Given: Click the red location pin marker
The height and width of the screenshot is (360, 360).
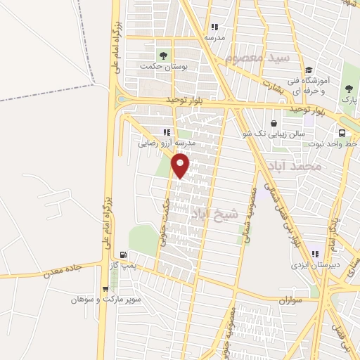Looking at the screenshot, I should coord(181,166).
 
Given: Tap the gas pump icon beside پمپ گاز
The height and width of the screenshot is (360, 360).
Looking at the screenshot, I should coord(124,255).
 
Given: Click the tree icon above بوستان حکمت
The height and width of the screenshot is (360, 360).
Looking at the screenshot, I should coord(164,54).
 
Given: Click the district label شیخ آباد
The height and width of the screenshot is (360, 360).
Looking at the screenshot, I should coord(215,212).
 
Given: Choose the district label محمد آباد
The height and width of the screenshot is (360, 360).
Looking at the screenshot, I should coord(295,167).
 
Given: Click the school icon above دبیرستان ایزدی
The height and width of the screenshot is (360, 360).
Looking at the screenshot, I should coord(316,255).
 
